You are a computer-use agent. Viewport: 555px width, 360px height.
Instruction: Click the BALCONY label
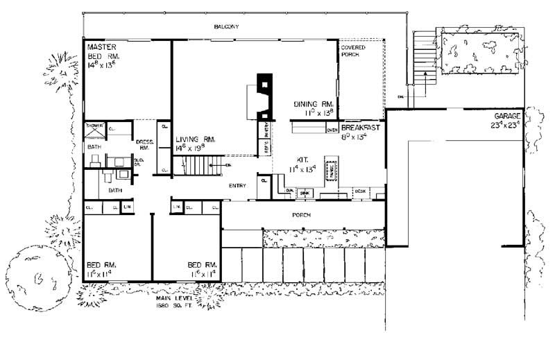tap(227, 26)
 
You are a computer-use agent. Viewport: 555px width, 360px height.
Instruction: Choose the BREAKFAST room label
tap(360, 128)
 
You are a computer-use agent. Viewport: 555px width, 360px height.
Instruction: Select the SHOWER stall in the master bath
tap(94, 129)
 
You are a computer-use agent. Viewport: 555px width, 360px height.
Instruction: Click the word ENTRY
tap(238, 187)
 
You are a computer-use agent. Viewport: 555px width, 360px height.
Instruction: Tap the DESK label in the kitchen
tap(359, 190)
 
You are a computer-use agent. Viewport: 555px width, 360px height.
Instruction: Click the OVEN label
tap(332, 130)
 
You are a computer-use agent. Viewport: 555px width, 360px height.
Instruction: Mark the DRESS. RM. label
tap(145, 144)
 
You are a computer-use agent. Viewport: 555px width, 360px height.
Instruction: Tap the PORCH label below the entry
tap(301, 215)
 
